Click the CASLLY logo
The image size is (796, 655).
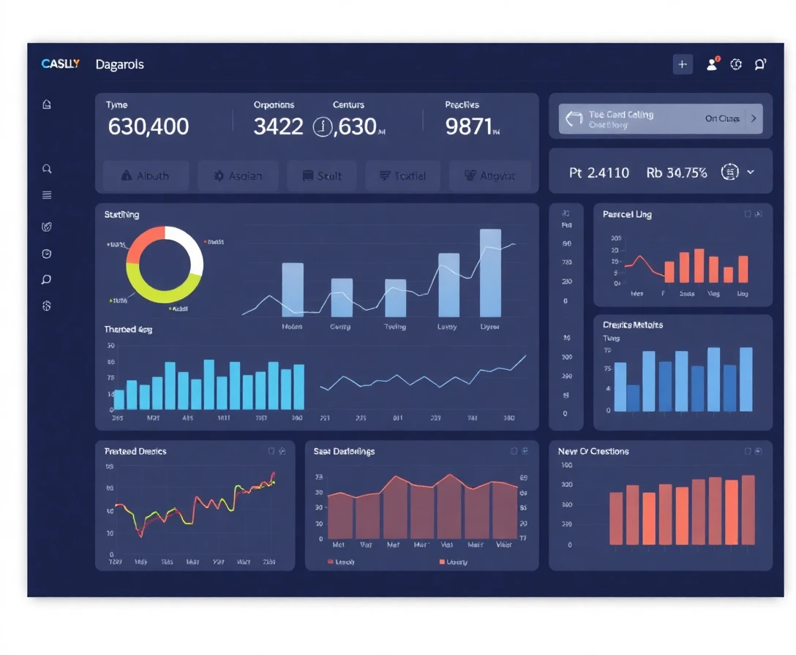pos(61,64)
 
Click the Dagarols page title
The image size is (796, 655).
pos(119,64)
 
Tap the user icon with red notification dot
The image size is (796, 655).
pos(712,64)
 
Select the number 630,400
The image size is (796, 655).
pos(148,127)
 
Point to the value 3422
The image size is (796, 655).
pos(278,127)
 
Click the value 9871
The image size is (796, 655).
pos(469,127)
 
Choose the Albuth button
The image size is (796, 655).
pos(145,176)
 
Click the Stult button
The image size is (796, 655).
pos(320,176)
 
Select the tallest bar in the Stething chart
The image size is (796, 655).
pos(490,271)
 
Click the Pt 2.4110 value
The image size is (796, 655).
pos(598,173)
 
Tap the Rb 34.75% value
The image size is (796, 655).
pos(676,173)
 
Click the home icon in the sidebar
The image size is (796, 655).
pos(47,105)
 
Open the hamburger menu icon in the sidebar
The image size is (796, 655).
pos(47,195)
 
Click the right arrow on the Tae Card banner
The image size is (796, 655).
pos(754,118)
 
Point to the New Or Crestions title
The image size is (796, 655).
pos(593,452)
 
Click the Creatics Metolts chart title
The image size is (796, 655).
pos(632,325)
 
